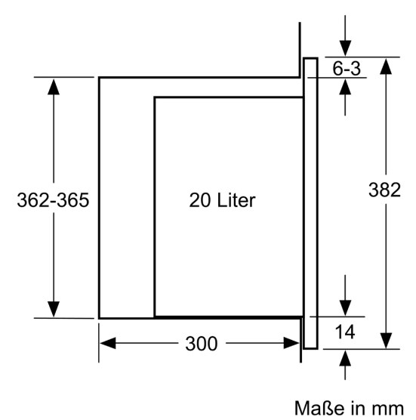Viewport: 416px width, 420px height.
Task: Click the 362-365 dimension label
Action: click(53, 200)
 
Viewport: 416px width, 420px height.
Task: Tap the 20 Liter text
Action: click(222, 200)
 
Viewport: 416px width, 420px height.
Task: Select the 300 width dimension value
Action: click(202, 344)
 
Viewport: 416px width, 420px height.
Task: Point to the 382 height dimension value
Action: click(385, 190)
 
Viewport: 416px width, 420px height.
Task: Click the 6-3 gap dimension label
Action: click(347, 68)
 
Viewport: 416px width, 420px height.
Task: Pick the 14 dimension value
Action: click(345, 332)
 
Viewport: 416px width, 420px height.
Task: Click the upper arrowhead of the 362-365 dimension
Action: click(54, 87)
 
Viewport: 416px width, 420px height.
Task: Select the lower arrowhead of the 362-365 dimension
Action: click(54, 309)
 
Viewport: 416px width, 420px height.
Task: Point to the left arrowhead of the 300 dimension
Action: click(108, 343)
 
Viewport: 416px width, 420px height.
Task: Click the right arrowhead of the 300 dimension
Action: click(291, 343)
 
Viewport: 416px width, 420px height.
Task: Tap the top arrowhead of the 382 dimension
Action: click(386, 66)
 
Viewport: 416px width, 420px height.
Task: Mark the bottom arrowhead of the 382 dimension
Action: click(386, 341)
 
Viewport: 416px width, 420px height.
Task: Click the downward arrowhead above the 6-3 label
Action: click(345, 48)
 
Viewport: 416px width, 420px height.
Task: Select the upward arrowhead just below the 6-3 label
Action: click(345, 87)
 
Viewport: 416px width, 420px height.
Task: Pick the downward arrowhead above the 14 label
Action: click(345, 307)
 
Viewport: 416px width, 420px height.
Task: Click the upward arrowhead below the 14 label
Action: click(345, 358)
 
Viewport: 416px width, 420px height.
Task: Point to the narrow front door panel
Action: click(310, 203)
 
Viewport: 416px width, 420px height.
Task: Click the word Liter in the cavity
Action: click(236, 200)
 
